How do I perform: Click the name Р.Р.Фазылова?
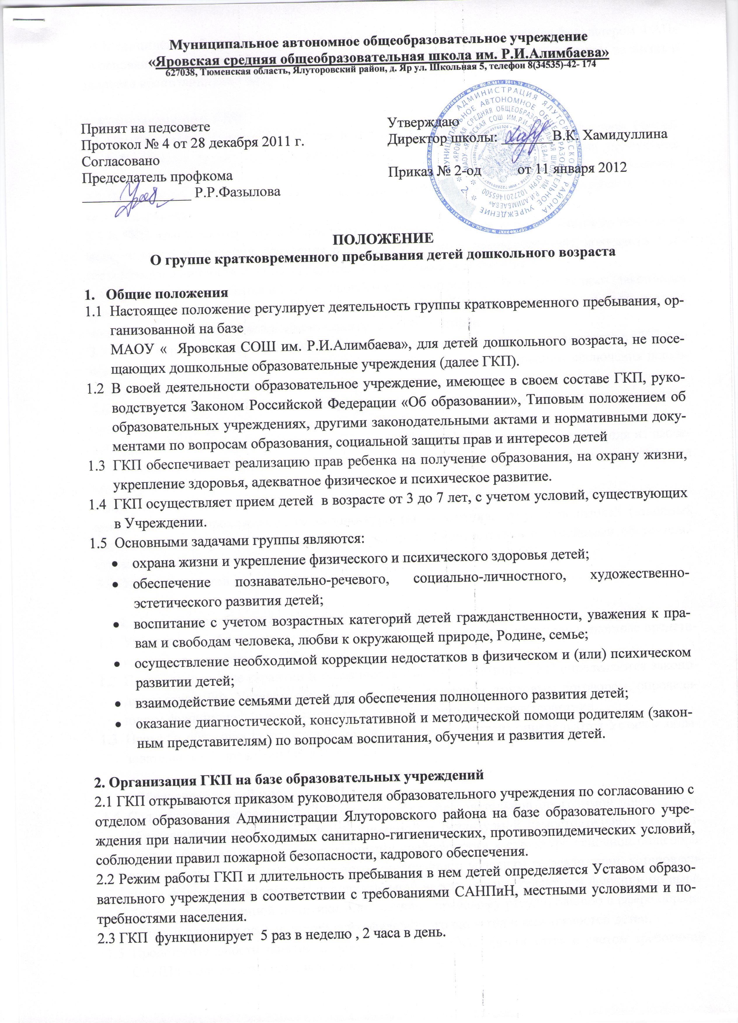236,192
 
